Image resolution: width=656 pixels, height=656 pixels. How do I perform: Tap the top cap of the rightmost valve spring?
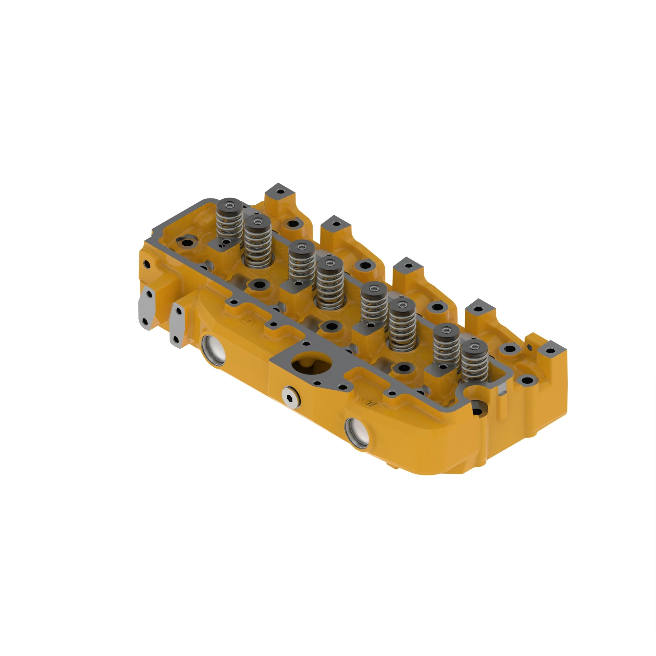coord(475,348)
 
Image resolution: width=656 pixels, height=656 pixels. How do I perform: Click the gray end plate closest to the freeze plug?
coord(177,325)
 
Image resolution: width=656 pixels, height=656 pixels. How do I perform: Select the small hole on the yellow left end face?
coord(147,263)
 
